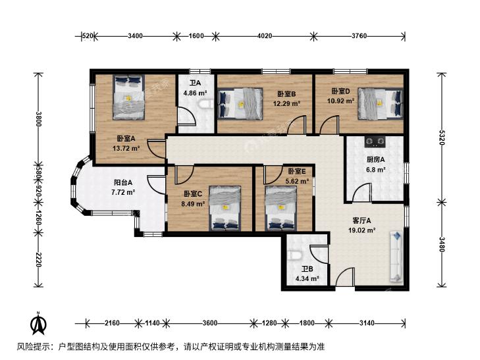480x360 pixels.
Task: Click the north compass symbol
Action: coord(38,324)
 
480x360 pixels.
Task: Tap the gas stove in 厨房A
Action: coord(375,141)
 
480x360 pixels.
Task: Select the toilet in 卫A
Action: coord(206,104)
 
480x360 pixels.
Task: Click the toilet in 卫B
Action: coord(295,255)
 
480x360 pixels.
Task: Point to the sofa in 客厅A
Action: coord(396,257)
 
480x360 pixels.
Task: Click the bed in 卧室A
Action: coord(128,97)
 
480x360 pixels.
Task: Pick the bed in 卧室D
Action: coord(381,103)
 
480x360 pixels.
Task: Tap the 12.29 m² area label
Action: coord(286,104)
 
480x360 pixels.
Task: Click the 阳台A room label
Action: coord(123,182)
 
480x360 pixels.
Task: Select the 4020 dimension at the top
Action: coord(265,36)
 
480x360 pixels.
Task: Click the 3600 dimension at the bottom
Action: coord(209,323)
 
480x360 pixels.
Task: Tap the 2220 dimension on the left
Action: coord(38,259)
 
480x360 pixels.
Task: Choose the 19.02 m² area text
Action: coord(362,230)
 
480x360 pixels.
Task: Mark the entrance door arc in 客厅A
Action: coord(344,276)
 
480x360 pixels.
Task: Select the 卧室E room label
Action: coord(297,171)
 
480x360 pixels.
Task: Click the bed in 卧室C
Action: coord(225,208)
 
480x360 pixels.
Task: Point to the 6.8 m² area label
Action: coord(375,169)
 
